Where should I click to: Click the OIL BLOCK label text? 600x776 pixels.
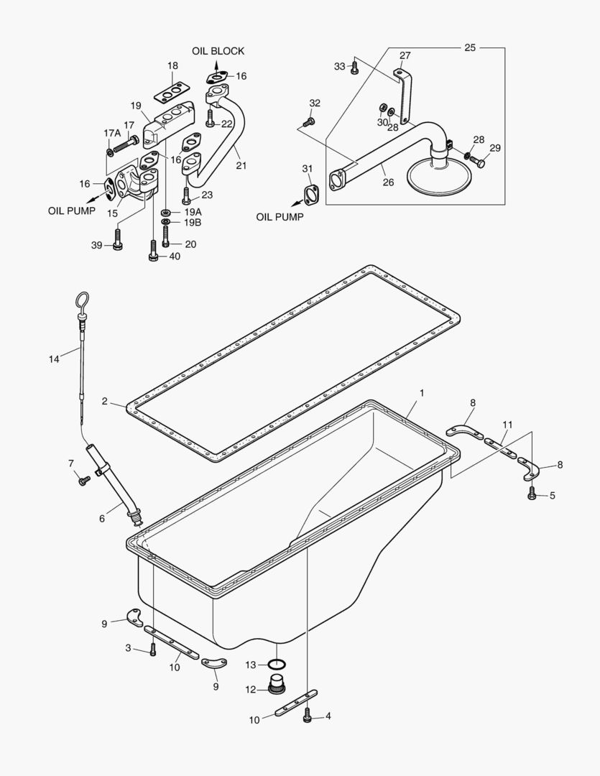point(218,51)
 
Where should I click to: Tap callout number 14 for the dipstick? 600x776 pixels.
point(54,359)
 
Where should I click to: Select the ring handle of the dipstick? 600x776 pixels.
point(83,298)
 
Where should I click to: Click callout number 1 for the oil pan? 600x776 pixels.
point(422,393)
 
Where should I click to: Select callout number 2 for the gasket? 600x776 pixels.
point(105,402)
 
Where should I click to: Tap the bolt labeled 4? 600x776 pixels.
point(308,716)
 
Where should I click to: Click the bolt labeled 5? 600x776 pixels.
point(532,494)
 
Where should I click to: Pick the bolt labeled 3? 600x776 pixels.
point(152,650)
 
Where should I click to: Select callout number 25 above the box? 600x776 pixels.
point(470,47)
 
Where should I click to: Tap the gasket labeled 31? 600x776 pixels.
point(311,193)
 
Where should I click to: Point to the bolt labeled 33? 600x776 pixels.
point(354,68)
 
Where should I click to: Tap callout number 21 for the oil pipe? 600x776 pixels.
point(241,165)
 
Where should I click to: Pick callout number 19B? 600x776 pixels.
point(193,223)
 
